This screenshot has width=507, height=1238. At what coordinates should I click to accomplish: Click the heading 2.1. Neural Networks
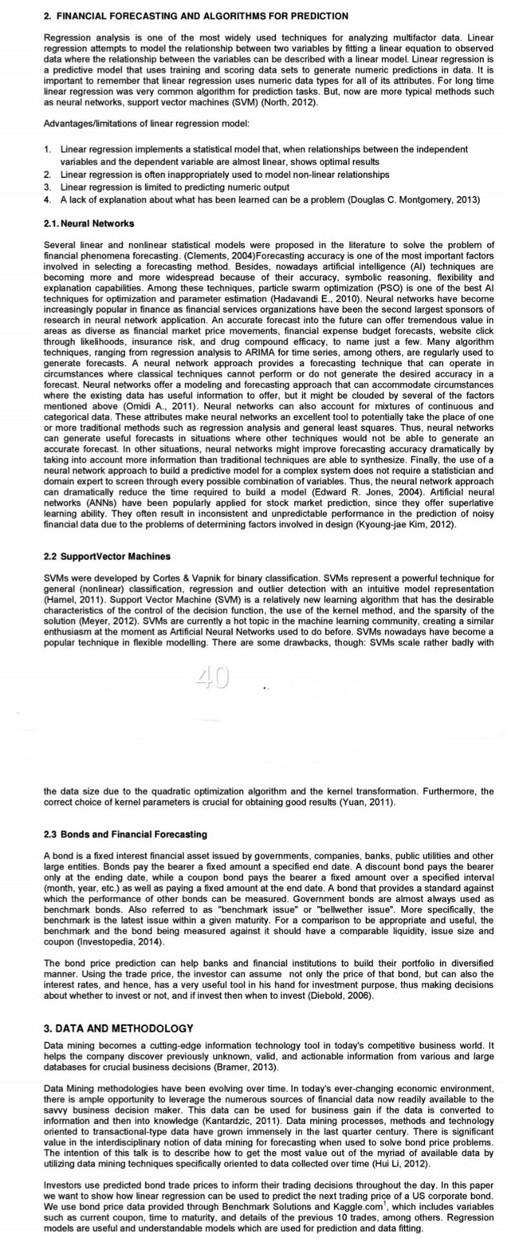pyautogui.click(x=89, y=224)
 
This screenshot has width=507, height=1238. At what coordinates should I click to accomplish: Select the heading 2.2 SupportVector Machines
pyautogui.click(x=107, y=556)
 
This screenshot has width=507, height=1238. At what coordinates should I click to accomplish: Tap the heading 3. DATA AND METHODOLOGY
pyautogui.click(x=119, y=1028)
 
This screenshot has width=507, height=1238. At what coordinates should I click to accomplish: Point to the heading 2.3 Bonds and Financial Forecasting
pyautogui.click(x=125, y=834)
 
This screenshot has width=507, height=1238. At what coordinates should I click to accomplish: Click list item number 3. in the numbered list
pyautogui.click(x=48, y=187)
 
